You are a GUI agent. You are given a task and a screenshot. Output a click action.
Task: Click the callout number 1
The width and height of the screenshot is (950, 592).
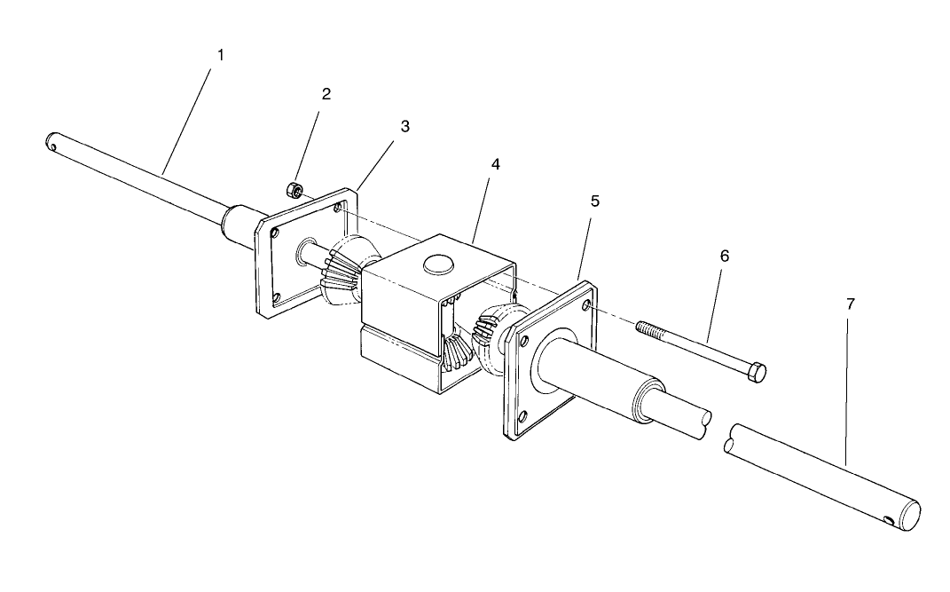[221, 55]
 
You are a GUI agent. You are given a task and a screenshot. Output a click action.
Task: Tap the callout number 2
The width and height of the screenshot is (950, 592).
[326, 94]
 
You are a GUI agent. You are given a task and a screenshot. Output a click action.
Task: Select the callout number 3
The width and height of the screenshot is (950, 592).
[404, 126]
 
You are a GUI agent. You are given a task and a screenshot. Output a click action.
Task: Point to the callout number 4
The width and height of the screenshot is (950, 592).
[495, 165]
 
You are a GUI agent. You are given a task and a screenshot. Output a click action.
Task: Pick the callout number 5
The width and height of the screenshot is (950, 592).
[594, 201]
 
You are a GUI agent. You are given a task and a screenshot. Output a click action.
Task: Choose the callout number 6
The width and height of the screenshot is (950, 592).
[725, 256]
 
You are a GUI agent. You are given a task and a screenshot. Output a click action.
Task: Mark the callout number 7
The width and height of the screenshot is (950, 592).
[850, 304]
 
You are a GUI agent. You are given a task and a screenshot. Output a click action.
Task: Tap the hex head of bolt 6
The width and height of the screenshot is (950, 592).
[756, 373]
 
